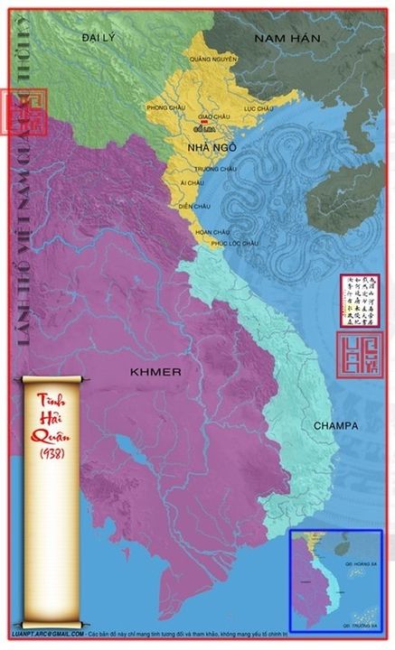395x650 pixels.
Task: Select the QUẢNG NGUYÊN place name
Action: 213,59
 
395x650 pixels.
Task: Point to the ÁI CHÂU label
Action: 193,182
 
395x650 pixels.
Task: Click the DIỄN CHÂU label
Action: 194,206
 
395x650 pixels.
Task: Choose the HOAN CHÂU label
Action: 212,232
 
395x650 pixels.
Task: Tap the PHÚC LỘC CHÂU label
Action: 235,243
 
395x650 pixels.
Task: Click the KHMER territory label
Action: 155,372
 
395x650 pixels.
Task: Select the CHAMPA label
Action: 335,424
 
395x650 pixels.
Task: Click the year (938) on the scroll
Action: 52,451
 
